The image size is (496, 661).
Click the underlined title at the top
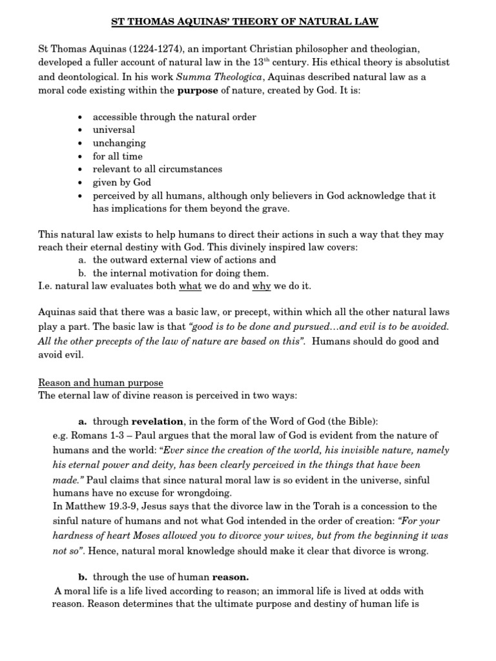pos(245,23)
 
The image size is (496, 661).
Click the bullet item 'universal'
pos(114,130)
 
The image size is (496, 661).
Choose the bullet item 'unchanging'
pos(119,143)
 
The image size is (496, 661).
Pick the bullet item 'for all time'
pos(118,156)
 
